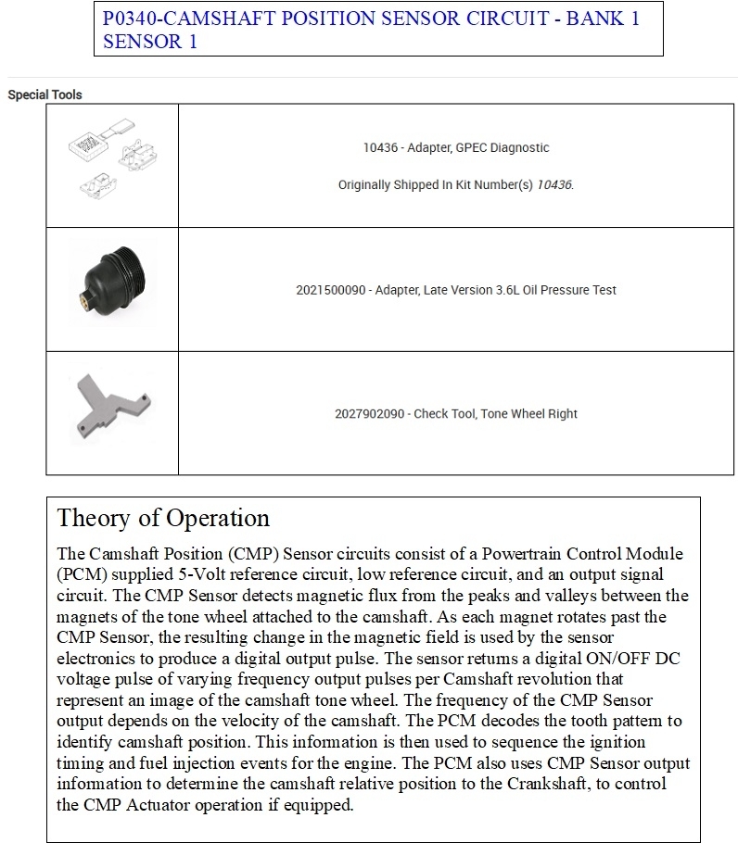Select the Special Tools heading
pos(45,94)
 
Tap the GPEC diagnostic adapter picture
pos(112,164)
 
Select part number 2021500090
pos(332,290)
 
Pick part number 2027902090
pos(370,413)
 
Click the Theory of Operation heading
pos(163,518)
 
